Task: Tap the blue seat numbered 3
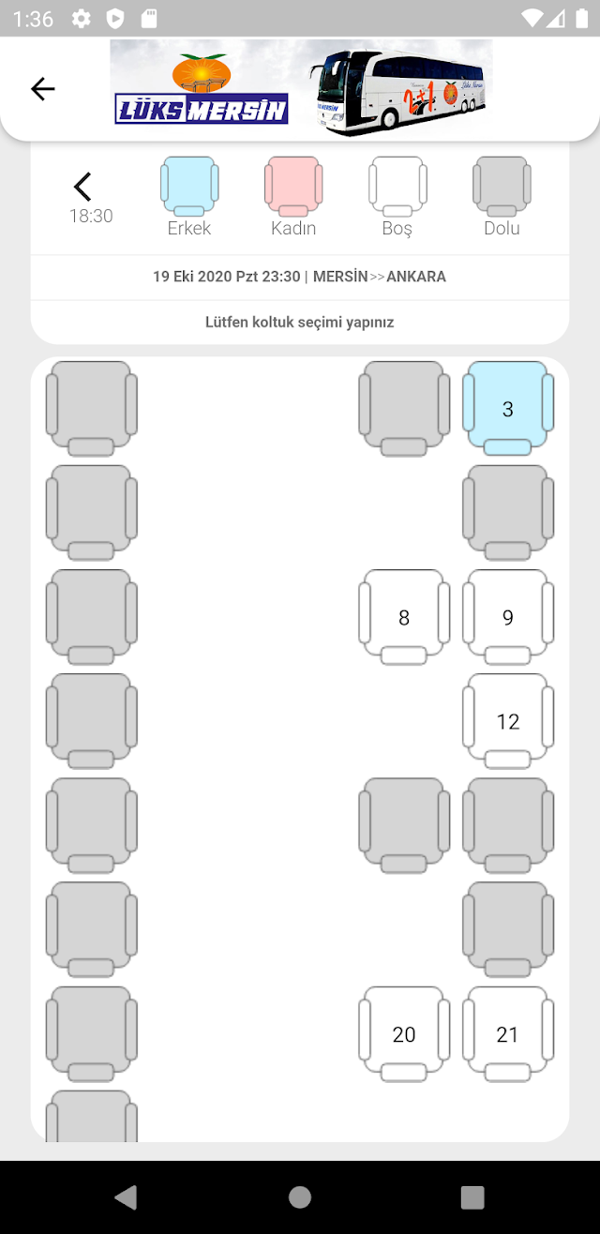click(508, 408)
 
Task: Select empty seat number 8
click(404, 617)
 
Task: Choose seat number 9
click(508, 617)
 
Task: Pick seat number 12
click(508, 721)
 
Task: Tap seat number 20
click(404, 1034)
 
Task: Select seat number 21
click(508, 1034)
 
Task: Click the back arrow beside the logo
click(42, 89)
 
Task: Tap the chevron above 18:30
click(82, 187)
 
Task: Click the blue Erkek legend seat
click(189, 187)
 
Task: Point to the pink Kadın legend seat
click(293, 187)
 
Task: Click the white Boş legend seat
click(397, 187)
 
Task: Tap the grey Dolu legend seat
click(502, 187)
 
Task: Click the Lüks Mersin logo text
click(202, 109)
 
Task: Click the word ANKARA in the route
click(416, 277)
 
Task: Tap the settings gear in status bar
click(81, 19)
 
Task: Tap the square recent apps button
click(472, 1197)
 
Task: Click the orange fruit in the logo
click(202, 73)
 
